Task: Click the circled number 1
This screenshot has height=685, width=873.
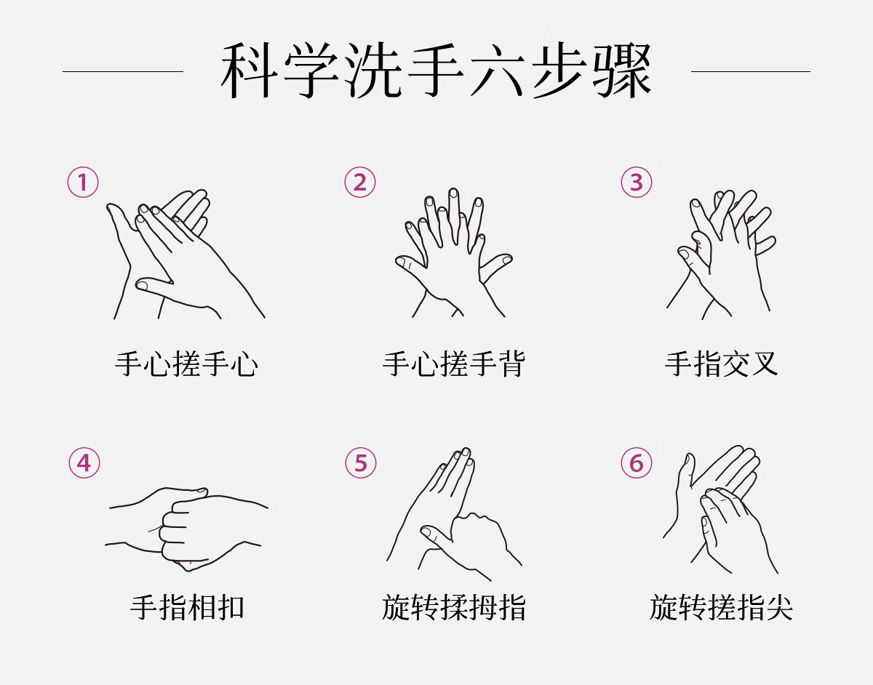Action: tap(83, 183)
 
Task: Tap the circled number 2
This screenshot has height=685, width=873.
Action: tap(360, 183)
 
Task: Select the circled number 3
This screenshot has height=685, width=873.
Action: tap(637, 183)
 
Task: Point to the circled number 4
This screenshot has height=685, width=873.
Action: tap(84, 463)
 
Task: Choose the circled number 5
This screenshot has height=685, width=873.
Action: tap(361, 463)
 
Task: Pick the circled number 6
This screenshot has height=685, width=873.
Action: tap(637, 463)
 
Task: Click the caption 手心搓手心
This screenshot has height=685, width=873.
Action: tap(186, 364)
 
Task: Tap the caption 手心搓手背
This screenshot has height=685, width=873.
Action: tap(454, 364)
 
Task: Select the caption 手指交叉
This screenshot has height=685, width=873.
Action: tap(722, 364)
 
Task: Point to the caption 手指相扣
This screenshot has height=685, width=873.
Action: tap(187, 607)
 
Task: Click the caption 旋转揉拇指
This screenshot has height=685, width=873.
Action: tap(454, 607)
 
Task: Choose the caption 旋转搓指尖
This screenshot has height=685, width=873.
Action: tap(722, 607)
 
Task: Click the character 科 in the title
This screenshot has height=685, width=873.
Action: tap(250, 71)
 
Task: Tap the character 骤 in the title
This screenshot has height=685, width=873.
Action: tap(622, 71)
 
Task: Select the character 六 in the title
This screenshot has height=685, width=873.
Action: tap(498, 71)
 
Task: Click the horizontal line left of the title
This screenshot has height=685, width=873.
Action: tap(123, 71)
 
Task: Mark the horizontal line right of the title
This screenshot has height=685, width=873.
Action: tap(751, 71)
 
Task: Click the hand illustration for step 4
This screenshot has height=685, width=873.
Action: tap(187, 529)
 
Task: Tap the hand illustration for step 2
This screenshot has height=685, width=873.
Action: tap(454, 252)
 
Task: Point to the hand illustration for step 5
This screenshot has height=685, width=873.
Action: tap(454, 514)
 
